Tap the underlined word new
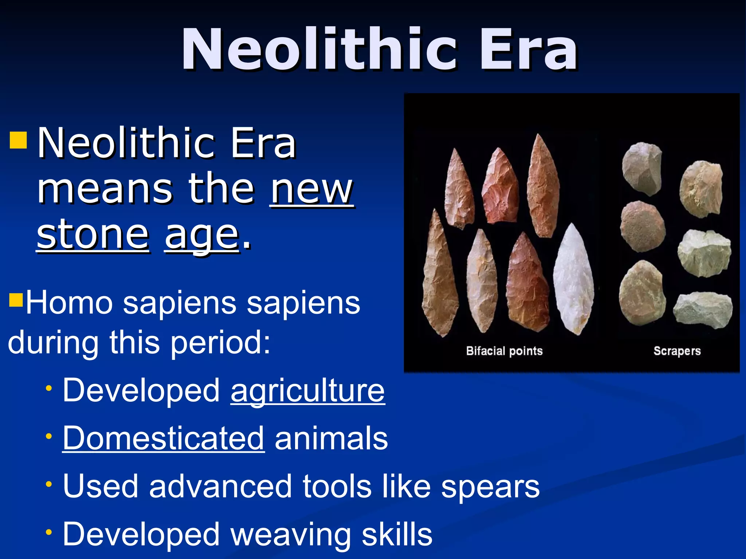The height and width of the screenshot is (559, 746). [311, 190]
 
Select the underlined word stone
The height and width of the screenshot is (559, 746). [93, 235]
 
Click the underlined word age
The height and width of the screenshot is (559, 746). [202, 236]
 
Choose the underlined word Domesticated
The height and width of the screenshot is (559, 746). [163, 438]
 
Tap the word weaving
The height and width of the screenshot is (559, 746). [291, 534]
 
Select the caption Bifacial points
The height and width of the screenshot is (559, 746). [504, 351]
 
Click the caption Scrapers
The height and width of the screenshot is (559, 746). [677, 351]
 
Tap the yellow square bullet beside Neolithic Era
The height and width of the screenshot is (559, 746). [18, 140]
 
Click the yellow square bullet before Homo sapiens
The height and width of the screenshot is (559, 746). [16, 300]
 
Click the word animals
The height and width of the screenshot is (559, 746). [331, 438]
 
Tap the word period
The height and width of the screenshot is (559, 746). [220, 342]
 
